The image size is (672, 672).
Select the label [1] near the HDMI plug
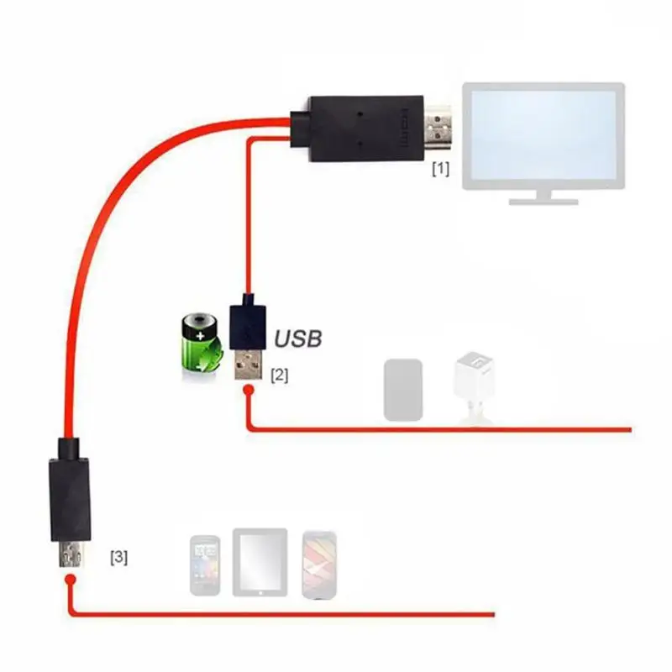(x=441, y=169)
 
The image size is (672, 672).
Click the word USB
(x=298, y=339)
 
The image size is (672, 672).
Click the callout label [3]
(x=119, y=556)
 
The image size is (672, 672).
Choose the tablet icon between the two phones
(x=260, y=562)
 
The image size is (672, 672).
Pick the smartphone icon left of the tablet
(x=204, y=564)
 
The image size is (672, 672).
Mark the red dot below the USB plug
(x=249, y=390)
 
